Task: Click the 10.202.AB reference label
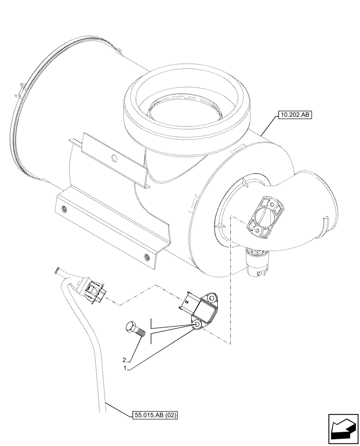[295, 116]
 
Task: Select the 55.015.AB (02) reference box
[155, 415]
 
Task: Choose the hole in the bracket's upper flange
[114, 158]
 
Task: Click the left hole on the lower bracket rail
[63, 209]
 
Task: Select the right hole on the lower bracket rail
[147, 256]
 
